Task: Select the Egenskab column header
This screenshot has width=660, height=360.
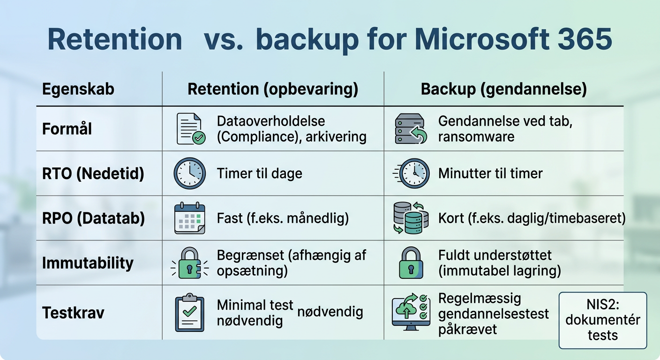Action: point(78,89)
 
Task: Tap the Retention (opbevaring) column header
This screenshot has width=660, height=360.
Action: point(273,89)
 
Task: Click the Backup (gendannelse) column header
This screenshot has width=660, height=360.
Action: point(504,89)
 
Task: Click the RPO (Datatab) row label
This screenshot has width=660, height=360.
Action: point(93,218)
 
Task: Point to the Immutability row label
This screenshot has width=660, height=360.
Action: point(88,263)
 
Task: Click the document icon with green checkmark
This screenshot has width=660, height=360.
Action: point(190,129)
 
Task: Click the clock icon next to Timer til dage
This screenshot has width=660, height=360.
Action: point(189,173)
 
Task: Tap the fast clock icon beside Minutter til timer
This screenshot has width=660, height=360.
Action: point(411,173)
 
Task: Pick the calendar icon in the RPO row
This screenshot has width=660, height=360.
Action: point(189,218)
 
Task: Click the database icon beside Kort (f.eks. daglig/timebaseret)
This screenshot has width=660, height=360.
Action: point(411,218)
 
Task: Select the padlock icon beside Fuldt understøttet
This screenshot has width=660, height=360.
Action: point(411,263)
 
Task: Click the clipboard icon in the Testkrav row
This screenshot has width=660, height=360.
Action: point(189,312)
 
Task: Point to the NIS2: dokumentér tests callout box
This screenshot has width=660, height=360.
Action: point(602,320)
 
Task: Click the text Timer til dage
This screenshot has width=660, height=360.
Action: point(259,173)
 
